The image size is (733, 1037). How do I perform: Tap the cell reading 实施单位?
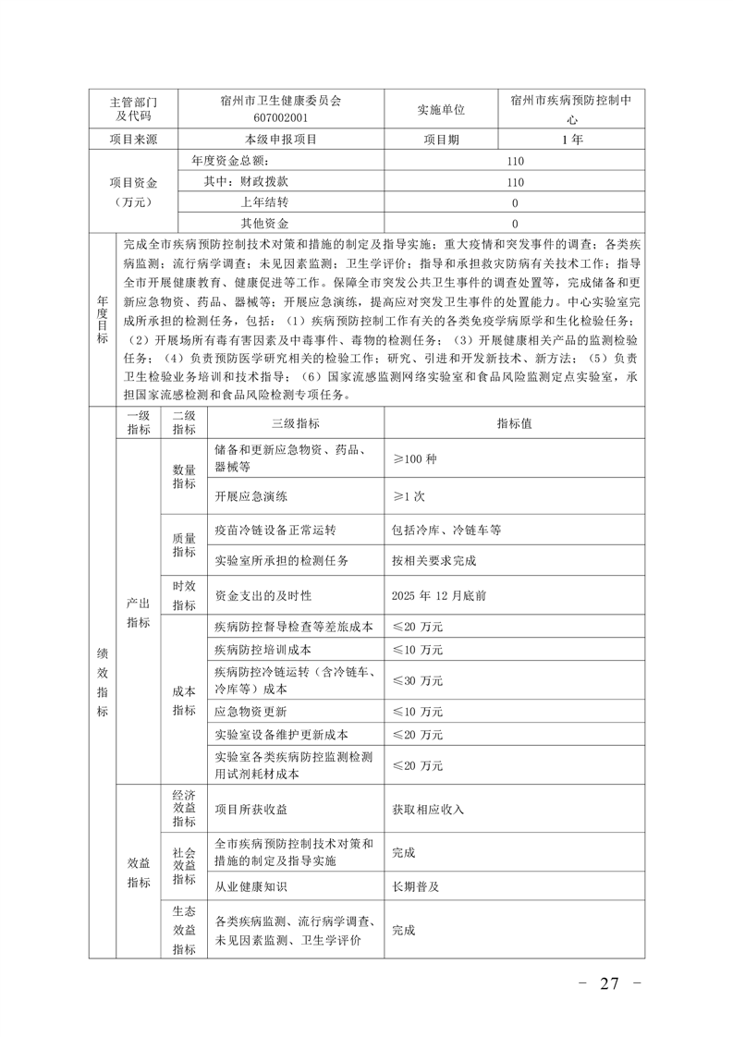(x=439, y=110)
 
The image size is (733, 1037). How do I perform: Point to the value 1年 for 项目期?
(x=571, y=140)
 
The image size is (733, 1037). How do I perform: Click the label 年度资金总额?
(x=234, y=160)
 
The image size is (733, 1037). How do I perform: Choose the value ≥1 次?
(x=409, y=495)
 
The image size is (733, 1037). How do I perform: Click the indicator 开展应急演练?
(x=250, y=495)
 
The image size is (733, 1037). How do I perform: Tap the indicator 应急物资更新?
(x=250, y=712)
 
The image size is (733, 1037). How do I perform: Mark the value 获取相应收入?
(x=428, y=809)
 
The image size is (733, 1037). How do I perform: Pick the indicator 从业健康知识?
(x=250, y=885)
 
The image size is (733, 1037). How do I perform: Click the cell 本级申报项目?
(x=281, y=140)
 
